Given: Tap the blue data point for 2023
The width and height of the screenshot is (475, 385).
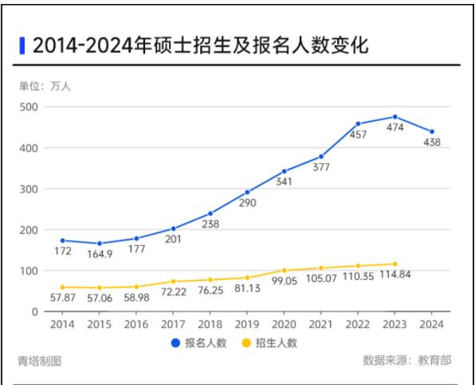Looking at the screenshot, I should [395, 117].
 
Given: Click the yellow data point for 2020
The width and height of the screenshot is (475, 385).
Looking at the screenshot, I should [284, 270].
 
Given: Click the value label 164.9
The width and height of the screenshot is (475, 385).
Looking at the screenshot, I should [99, 255].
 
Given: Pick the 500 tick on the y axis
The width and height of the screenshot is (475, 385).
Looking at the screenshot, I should [29, 107].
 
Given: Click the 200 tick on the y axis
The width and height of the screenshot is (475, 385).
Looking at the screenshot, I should [29, 230].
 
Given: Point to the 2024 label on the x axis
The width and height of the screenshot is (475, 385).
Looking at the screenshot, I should [432, 325].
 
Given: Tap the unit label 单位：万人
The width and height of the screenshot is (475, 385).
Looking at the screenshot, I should [45, 86].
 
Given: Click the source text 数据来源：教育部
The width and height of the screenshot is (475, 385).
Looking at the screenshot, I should [406, 361].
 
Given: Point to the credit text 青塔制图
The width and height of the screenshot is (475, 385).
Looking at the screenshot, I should [40, 362].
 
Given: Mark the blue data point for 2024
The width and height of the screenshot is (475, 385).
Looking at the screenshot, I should [432, 132].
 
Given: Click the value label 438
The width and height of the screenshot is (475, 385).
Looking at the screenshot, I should [431, 142].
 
